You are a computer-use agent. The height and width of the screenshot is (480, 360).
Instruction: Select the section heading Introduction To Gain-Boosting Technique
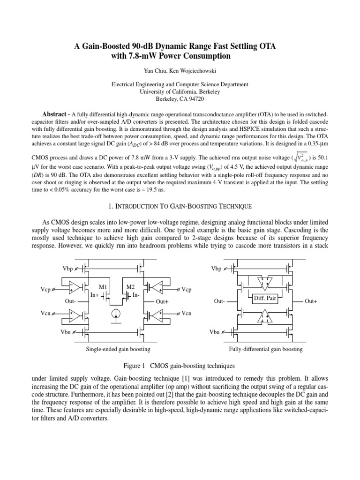click(180, 206)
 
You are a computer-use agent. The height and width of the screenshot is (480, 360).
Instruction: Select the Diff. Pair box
click(265, 298)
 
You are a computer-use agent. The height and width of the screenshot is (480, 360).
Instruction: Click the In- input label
click(136, 295)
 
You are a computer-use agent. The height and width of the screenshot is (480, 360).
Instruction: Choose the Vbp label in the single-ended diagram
click(68, 269)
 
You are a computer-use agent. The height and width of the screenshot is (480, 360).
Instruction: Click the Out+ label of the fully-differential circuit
click(311, 301)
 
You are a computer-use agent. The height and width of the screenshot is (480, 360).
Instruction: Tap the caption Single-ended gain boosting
click(118, 349)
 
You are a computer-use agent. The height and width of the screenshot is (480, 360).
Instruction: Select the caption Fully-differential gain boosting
click(265, 349)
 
